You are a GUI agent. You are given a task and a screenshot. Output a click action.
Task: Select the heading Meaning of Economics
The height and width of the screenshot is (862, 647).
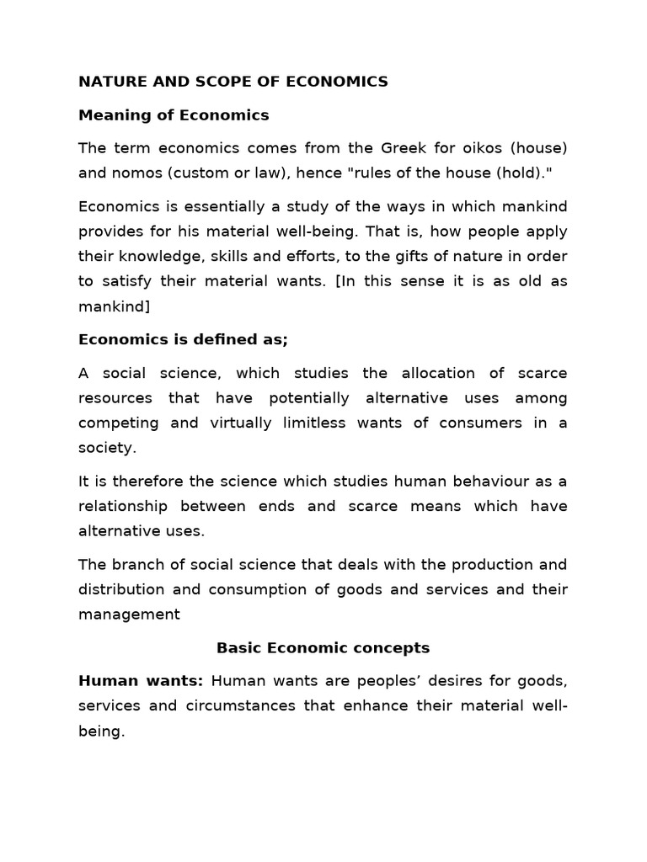pyautogui.click(x=174, y=115)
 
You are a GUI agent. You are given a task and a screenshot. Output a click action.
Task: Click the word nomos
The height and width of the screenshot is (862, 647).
pyautogui.click(x=141, y=173)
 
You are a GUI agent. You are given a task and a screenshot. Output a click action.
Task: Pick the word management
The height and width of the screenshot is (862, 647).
pyautogui.click(x=129, y=615)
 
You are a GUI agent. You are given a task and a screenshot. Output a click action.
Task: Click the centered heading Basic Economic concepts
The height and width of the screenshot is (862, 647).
pyautogui.click(x=323, y=647)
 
